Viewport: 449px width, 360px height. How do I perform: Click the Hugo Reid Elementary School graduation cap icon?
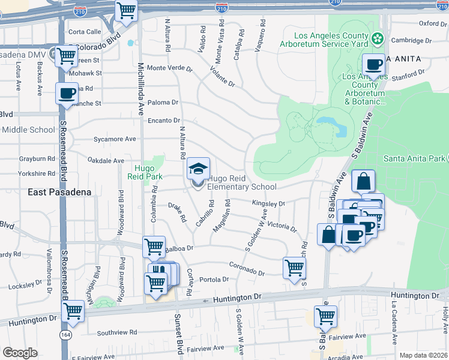(x=199, y=169)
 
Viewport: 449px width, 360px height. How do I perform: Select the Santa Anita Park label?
(x=414, y=158)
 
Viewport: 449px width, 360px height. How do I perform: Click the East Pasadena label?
(x=59, y=192)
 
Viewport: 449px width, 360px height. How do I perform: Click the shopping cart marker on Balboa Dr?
(x=154, y=246)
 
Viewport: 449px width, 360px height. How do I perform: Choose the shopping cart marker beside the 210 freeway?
(x=127, y=10)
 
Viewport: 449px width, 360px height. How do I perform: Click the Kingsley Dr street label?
(x=268, y=204)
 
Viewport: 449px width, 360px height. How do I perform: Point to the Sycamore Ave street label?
(x=115, y=139)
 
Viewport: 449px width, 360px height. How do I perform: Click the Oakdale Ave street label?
(x=106, y=160)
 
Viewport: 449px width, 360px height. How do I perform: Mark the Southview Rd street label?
(x=117, y=332)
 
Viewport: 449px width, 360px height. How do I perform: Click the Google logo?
(x=20, y=353)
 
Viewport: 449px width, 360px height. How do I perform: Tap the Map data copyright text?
(x=422, y=355)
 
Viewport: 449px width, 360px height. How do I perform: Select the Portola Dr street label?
(x=214, y=279)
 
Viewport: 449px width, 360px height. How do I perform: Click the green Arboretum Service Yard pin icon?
(x=378, y=40)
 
